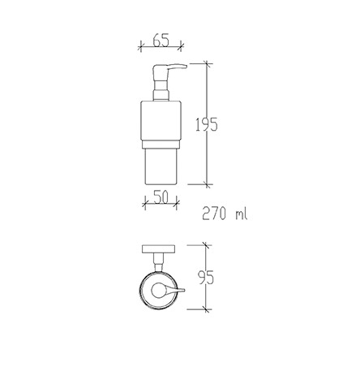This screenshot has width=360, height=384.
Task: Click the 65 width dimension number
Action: click(161, 40)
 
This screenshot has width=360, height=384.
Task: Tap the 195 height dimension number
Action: click(207, 124)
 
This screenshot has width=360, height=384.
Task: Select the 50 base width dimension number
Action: click(161, 196)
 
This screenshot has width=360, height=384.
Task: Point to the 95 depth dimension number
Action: click(206, 278)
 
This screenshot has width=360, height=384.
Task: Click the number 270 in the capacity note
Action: click(213, 214)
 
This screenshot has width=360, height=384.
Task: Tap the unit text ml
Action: click(242, 214)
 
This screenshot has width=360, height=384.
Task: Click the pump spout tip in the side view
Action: click(185, 66)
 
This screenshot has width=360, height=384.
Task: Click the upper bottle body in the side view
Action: click(161, 121)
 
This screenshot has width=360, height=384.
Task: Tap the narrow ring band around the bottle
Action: click(161, 145)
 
